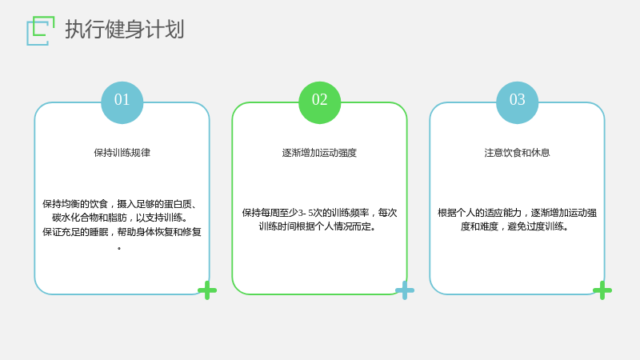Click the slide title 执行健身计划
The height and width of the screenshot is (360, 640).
[125, 30]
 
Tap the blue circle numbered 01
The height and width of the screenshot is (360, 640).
[122, 102]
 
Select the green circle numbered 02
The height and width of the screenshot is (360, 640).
[319, 102]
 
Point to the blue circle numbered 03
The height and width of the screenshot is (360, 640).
[517, 102]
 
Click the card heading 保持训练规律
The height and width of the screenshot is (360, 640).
[122, 153]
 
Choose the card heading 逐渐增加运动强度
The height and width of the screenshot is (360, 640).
[319, 153]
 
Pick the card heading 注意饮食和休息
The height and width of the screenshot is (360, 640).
[517, 153]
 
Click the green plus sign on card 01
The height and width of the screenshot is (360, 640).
[207, 290]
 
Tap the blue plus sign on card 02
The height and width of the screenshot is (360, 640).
[405, 290]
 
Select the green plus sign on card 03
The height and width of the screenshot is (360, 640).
[602, 290]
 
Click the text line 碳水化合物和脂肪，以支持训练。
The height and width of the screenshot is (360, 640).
[121, 218]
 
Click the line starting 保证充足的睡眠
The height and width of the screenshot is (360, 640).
[122, 232]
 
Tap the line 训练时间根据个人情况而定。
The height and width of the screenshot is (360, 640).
[318, 226]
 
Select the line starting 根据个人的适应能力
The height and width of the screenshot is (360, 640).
[517, 213]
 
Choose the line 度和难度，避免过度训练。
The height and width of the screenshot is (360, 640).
[515, 226]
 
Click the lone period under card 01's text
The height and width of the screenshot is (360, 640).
[119, 248]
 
